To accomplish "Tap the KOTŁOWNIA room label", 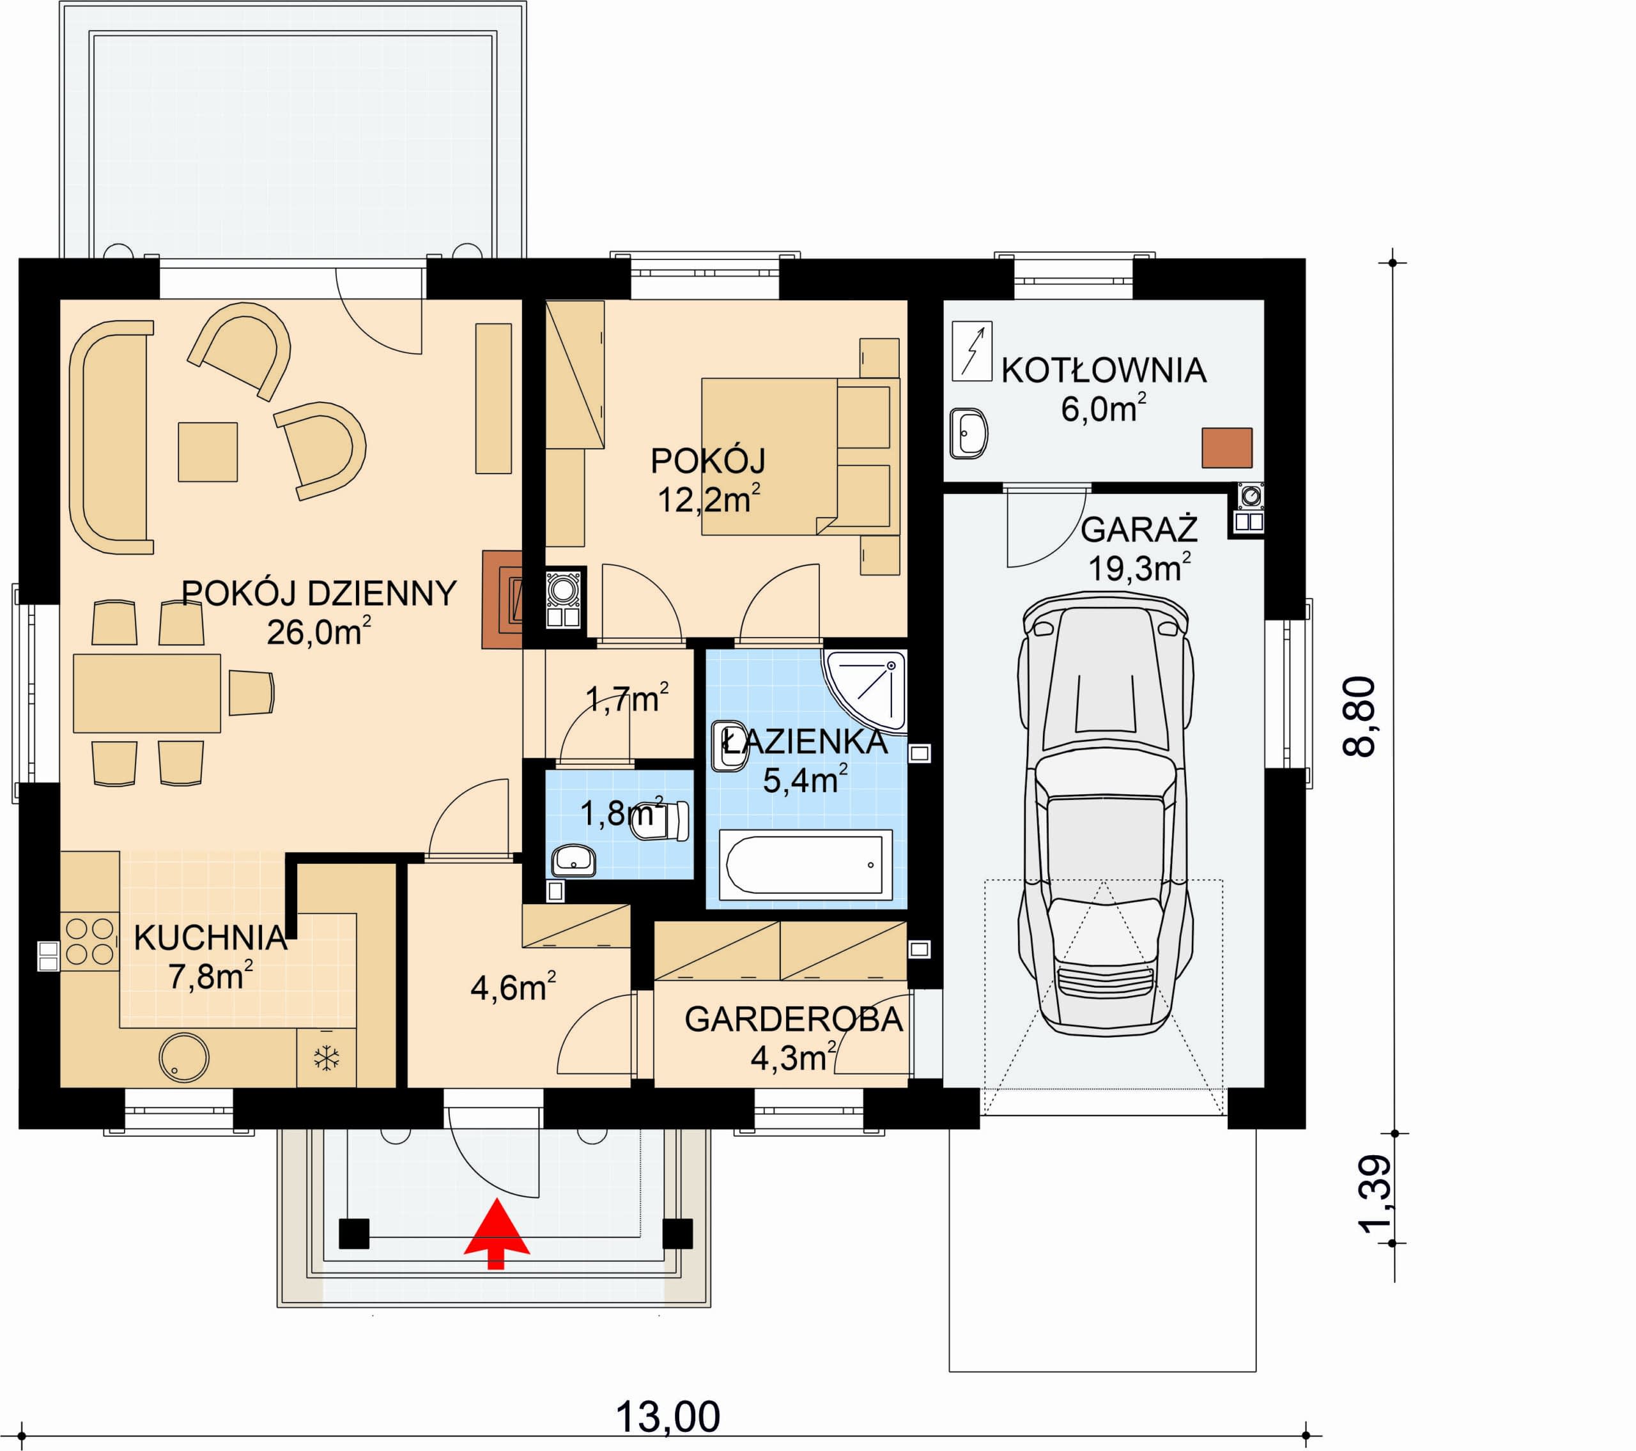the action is [1104, 371].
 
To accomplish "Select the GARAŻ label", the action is [1139, 530].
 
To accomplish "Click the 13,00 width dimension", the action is [668, 1417].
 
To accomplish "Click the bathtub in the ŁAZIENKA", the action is [805, 865].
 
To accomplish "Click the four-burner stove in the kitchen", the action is [89, 941].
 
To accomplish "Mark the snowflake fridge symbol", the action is [327, 1058].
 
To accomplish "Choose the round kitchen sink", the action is [184, 1057].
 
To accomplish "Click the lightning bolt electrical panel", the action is [971, 351].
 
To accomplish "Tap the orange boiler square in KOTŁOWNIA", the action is [1226, 447].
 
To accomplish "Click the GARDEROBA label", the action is [794, 1020].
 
